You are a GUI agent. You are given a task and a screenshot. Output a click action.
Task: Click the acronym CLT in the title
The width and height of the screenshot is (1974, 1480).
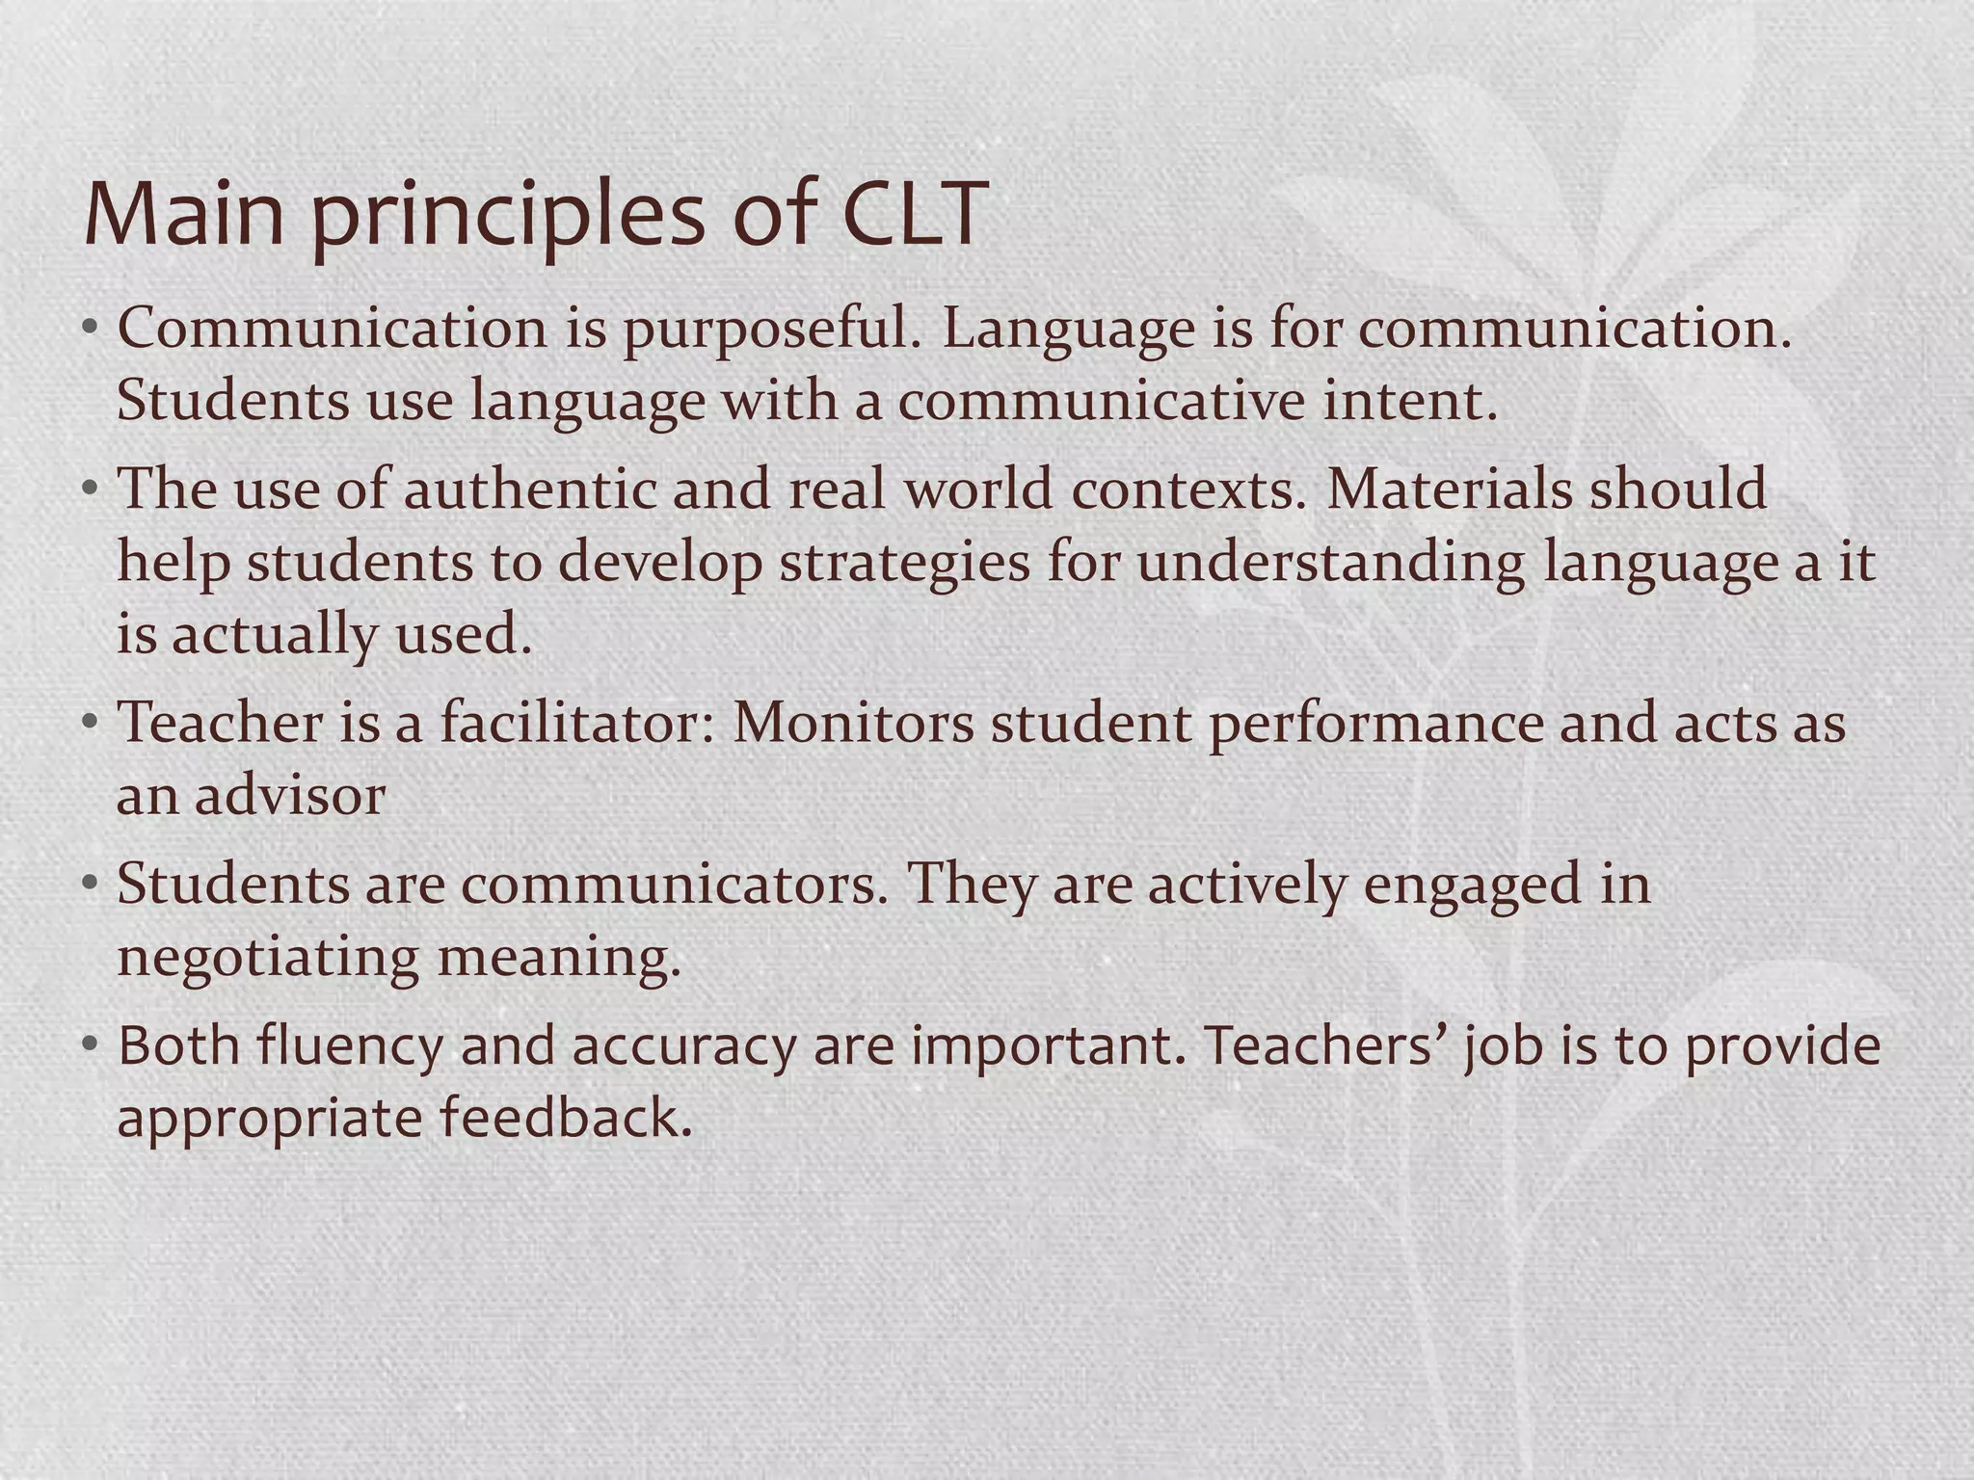(915, 213)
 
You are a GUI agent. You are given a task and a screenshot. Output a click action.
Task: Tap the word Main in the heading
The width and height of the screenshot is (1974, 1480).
(184, 213)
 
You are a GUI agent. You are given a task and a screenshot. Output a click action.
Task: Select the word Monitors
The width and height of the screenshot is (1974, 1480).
(853, 723)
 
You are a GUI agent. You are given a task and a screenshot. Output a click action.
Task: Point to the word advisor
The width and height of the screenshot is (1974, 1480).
(290, 796)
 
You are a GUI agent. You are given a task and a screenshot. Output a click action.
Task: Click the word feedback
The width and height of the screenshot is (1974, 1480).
(567, 1119)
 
